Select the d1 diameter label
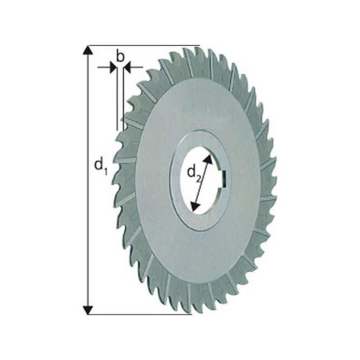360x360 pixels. coord(100,166)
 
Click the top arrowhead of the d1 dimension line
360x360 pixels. coord(88,50)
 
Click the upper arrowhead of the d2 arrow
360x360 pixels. coord(208,158)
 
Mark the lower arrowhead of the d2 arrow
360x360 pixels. coord(195,207)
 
